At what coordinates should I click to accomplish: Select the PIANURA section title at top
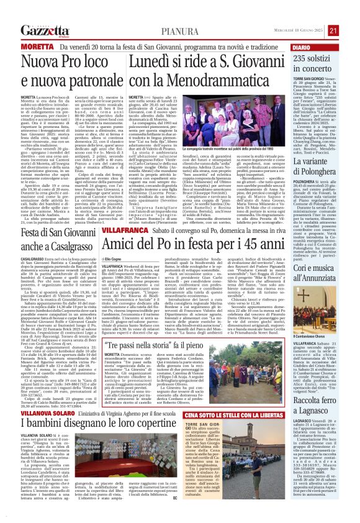click(x=180, y=30)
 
